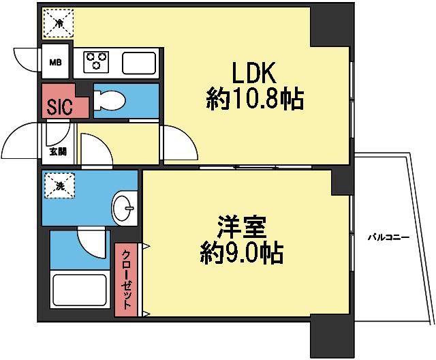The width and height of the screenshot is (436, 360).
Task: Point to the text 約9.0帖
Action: (243, 254)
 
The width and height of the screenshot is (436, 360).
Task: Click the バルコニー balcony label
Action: (388, 238)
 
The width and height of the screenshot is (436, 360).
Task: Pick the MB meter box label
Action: (54, 65)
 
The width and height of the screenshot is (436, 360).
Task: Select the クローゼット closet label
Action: (126, 280)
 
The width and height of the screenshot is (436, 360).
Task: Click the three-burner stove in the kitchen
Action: (96, 62)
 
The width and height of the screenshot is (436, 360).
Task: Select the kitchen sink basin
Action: (139, 63)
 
